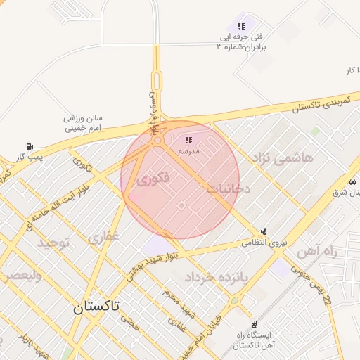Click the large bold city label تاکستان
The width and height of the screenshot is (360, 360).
96,307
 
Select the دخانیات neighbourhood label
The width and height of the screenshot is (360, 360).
228,188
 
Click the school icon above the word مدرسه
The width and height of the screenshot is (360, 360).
188,140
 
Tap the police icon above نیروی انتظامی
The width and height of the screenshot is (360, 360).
264,231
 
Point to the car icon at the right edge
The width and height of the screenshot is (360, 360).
352,181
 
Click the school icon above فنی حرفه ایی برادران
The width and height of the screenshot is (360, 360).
240,26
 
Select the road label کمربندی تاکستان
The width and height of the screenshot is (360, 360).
319,103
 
